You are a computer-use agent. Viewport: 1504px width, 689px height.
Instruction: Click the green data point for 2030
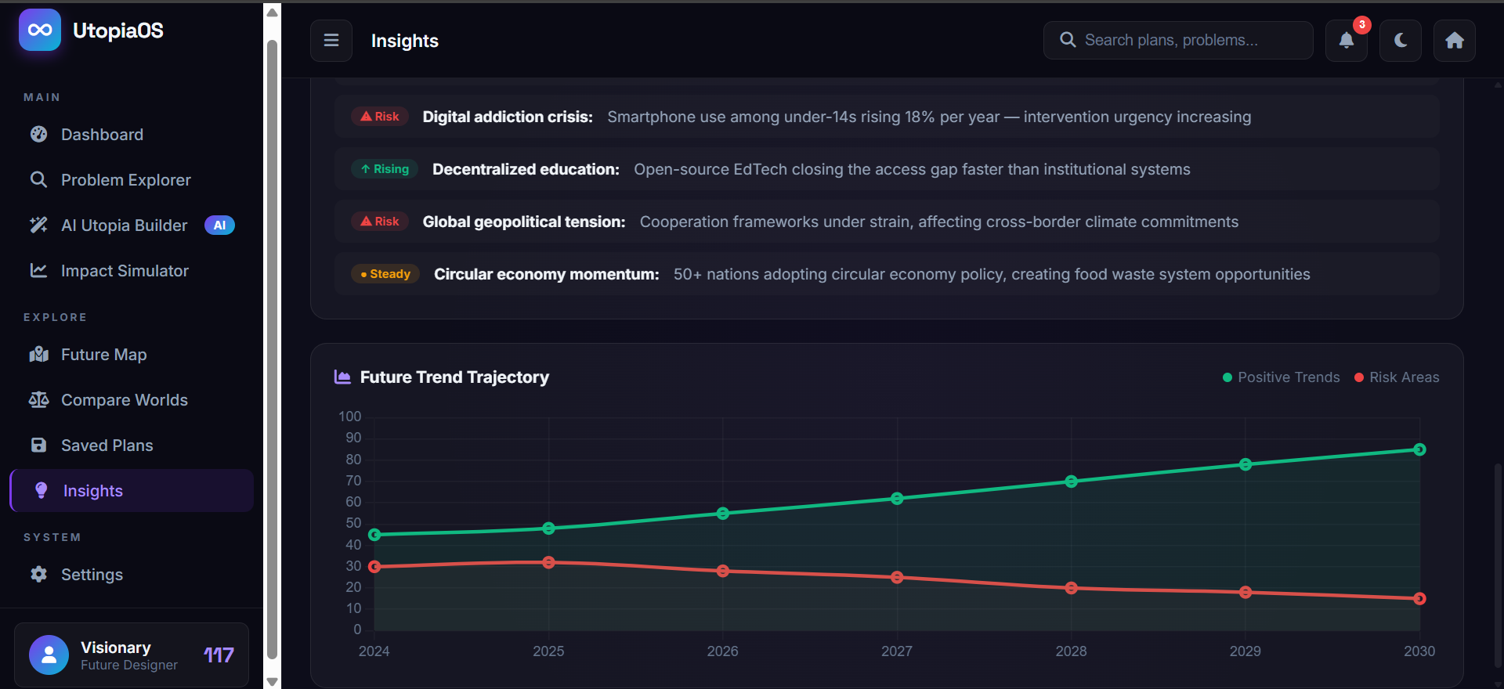tap(1419, 449)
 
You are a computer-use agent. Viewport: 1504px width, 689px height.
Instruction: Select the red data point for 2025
tap(548, 562)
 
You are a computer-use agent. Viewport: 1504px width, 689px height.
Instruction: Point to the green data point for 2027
tap(897, 499)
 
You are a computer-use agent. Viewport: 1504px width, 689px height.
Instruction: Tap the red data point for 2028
tap(1071, 588)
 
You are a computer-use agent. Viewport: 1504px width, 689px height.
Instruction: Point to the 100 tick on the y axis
tap(350, 417)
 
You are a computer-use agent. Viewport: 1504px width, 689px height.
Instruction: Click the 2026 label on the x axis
tap(722, 651)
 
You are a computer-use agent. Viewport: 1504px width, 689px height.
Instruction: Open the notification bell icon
tap(1346, 41)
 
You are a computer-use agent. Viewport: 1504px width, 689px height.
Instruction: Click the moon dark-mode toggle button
tap(1401, 41)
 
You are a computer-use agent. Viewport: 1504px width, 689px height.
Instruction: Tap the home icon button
tap(1455, 41)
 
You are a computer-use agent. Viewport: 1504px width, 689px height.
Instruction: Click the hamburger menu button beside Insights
tap(331, 41)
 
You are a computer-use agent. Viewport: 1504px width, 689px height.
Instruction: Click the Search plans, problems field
tap(1178, 41)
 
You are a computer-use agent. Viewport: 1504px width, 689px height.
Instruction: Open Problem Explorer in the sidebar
tap(125, 180)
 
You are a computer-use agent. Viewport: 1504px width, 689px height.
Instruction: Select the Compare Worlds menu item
tap(124, 400)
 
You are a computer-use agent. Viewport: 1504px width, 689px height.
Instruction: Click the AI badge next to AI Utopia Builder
tap(219, 225)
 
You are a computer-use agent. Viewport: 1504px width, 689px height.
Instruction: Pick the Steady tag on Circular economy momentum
tap(385, 274)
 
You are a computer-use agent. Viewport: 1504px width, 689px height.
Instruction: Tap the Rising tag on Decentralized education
tap(385, 169)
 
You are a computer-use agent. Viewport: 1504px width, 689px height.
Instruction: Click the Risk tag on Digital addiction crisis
tap(380, 117)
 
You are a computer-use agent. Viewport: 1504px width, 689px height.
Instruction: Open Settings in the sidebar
tap(92, 575)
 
